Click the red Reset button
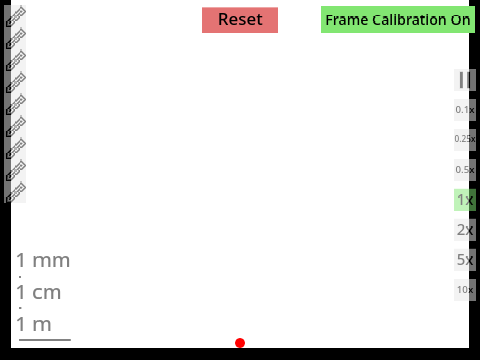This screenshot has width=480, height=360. [x=240, y=20]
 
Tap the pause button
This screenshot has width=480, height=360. [x=465, y=80]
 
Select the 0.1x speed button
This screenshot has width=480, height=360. [x=465, y=110]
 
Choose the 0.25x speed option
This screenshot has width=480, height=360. [x=465, y=140]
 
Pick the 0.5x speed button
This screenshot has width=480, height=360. [x=465, y=170]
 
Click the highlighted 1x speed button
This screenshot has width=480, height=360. [x=465, y=200]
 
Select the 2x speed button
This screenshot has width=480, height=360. [x=465, y=230]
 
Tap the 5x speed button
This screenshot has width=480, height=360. [x=465, y=260]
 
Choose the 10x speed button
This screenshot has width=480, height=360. [x=465, y=290]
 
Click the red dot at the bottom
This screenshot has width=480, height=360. [x=240, y=343]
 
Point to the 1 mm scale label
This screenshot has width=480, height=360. [x=43, y=260]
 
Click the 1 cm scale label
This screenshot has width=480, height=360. [x=39, y=292]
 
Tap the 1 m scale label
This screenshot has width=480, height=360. [x=34, y=324]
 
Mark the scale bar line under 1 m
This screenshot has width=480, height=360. [x=45, y=340]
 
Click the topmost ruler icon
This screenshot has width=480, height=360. [x=16, y=16]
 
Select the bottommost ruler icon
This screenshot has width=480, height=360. [x=16, y=192]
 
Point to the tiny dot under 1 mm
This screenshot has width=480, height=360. [x=20, y=277]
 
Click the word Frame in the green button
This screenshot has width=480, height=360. [x=347, y=20]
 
